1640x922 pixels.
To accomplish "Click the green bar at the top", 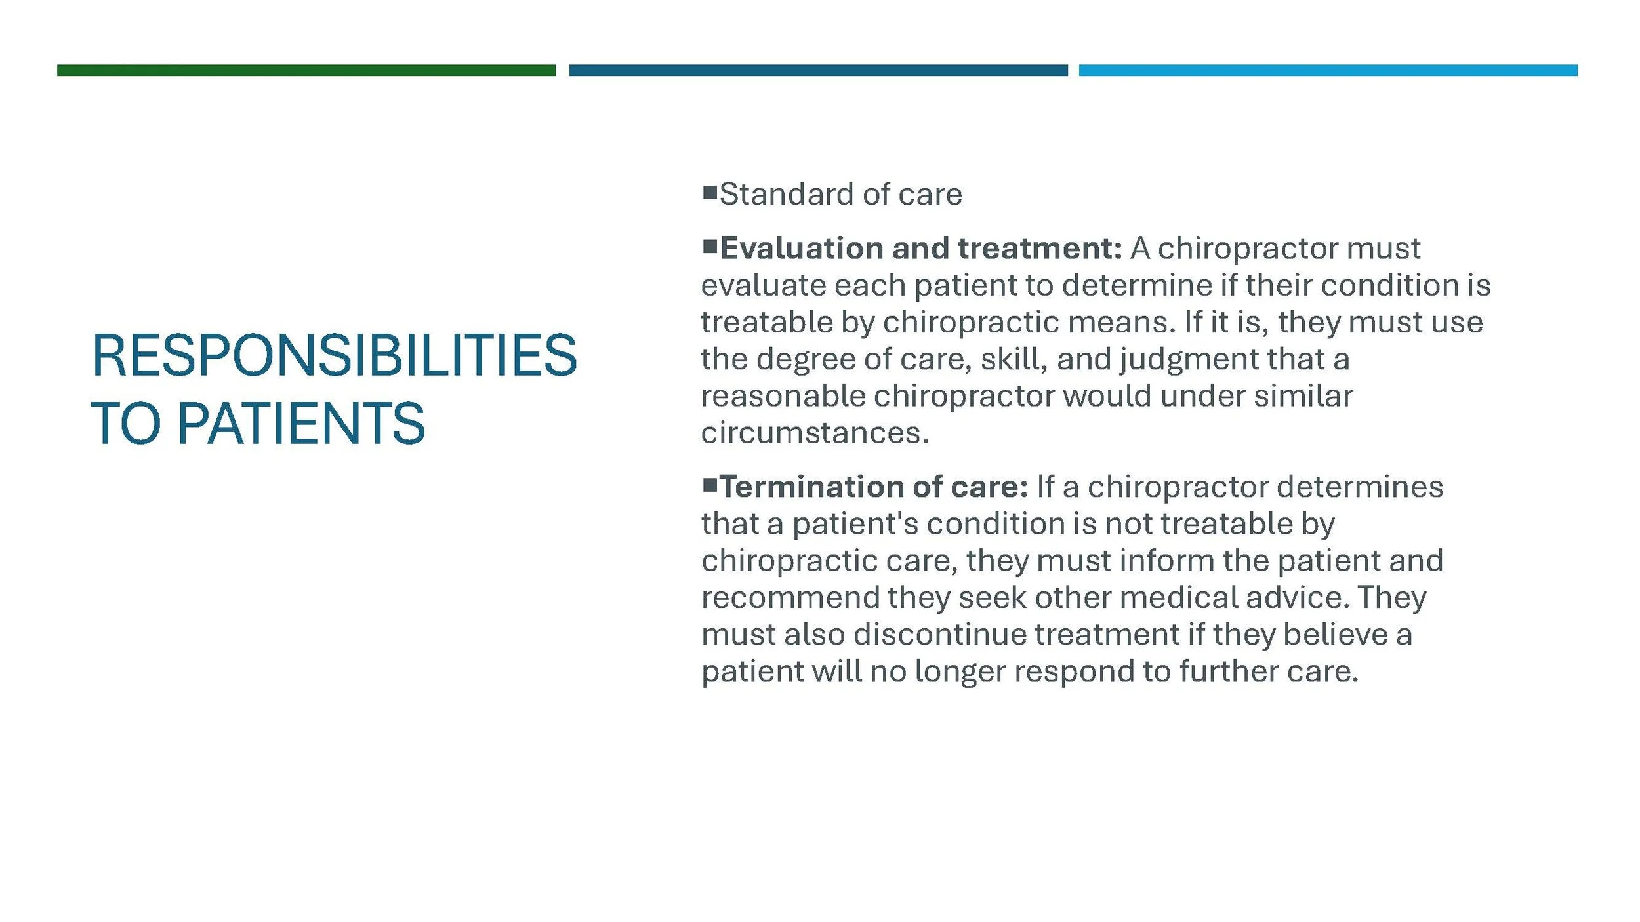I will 306,70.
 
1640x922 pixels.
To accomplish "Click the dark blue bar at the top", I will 818,70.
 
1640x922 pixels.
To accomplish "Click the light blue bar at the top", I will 1328,70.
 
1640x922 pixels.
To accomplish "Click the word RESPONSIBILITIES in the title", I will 334,355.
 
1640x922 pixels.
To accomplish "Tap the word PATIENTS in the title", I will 301,424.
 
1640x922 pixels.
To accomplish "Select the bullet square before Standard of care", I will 709,192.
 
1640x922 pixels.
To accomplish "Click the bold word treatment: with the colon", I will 1040,249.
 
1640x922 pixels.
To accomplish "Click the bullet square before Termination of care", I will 709,485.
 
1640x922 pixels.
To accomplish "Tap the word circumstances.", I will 815,433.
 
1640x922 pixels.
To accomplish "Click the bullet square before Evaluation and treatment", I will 709,247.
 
